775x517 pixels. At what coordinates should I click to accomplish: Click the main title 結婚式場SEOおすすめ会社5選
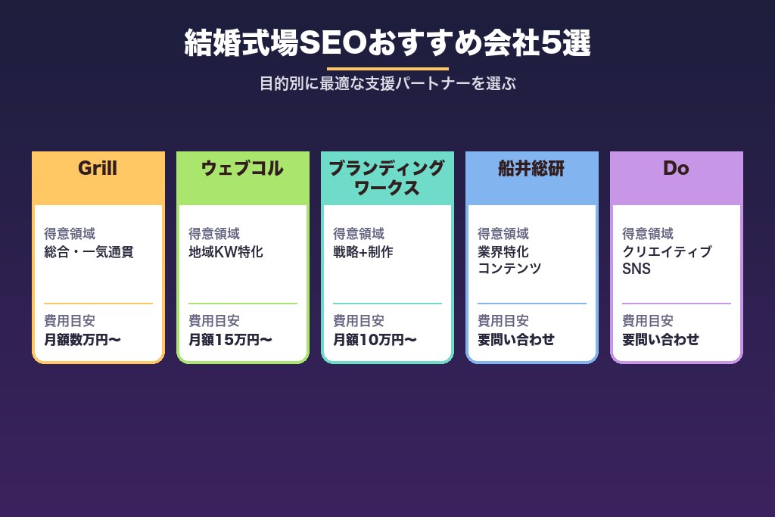[x=387, y=44]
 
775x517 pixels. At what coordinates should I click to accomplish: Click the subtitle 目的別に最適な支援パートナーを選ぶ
[x=387, y=83]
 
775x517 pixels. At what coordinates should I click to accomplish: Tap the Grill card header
[x=98, y=168]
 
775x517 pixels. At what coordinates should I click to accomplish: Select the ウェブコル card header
[x=242, y=168]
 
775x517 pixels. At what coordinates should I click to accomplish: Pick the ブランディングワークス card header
[x=387, y=178]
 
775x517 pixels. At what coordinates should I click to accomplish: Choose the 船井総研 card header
[x=531, y=168]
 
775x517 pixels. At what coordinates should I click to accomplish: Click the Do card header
[x=676, y=168]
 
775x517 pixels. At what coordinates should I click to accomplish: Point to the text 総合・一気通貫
[x=89, y=252]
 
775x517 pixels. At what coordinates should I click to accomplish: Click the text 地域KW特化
[x=226, y=252]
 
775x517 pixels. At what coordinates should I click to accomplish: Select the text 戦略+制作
[x=363, y=252]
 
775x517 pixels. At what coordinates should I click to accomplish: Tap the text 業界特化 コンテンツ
[x=509, y=260]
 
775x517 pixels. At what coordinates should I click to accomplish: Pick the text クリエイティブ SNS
[x=667, y=260]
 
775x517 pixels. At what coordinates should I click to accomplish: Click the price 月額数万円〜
[x=82, y=340]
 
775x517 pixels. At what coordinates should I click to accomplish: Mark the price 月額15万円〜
[x=230, y=340]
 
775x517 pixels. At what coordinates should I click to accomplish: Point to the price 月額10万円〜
[x=375, y=340]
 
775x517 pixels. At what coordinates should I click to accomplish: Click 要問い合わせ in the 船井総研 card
[x=515, y=340]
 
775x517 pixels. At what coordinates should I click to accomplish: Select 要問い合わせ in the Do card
[x=660, y=340]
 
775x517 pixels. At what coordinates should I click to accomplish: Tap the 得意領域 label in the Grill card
[x=70, y=234]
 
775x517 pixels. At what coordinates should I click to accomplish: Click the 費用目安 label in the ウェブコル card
[x=214, y=321]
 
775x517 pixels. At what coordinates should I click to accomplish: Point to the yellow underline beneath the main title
[x=387, y=68]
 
